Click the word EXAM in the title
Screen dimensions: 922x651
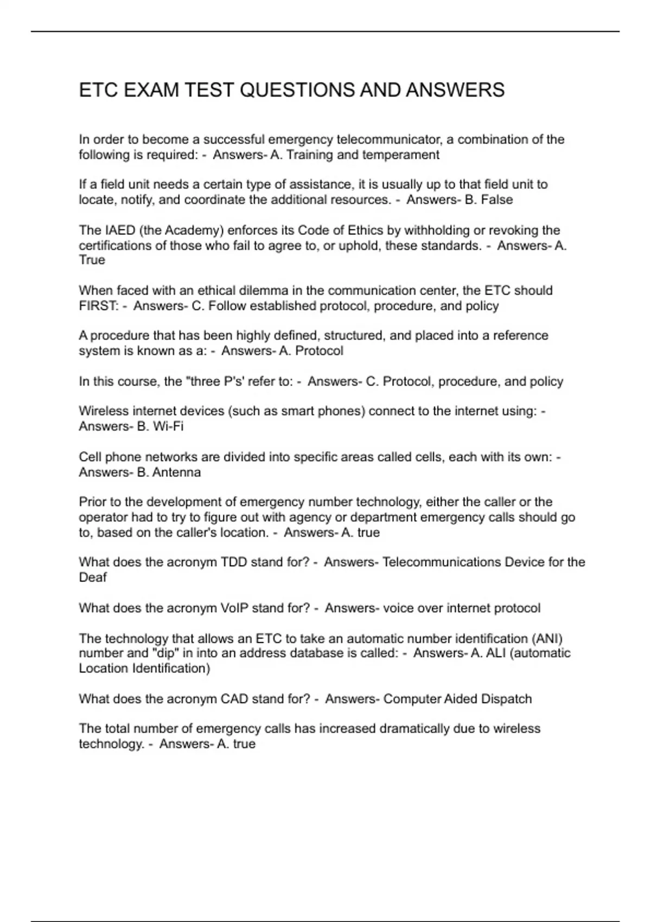click(151, 90)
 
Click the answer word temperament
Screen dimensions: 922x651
click(401, 155)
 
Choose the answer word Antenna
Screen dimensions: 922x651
click(176, 472)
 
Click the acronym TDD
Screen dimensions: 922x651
click(234, 562)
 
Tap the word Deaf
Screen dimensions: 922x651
click(93, 578)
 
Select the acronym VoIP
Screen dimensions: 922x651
click(234, 608)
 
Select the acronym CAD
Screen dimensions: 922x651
click(234, 699)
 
